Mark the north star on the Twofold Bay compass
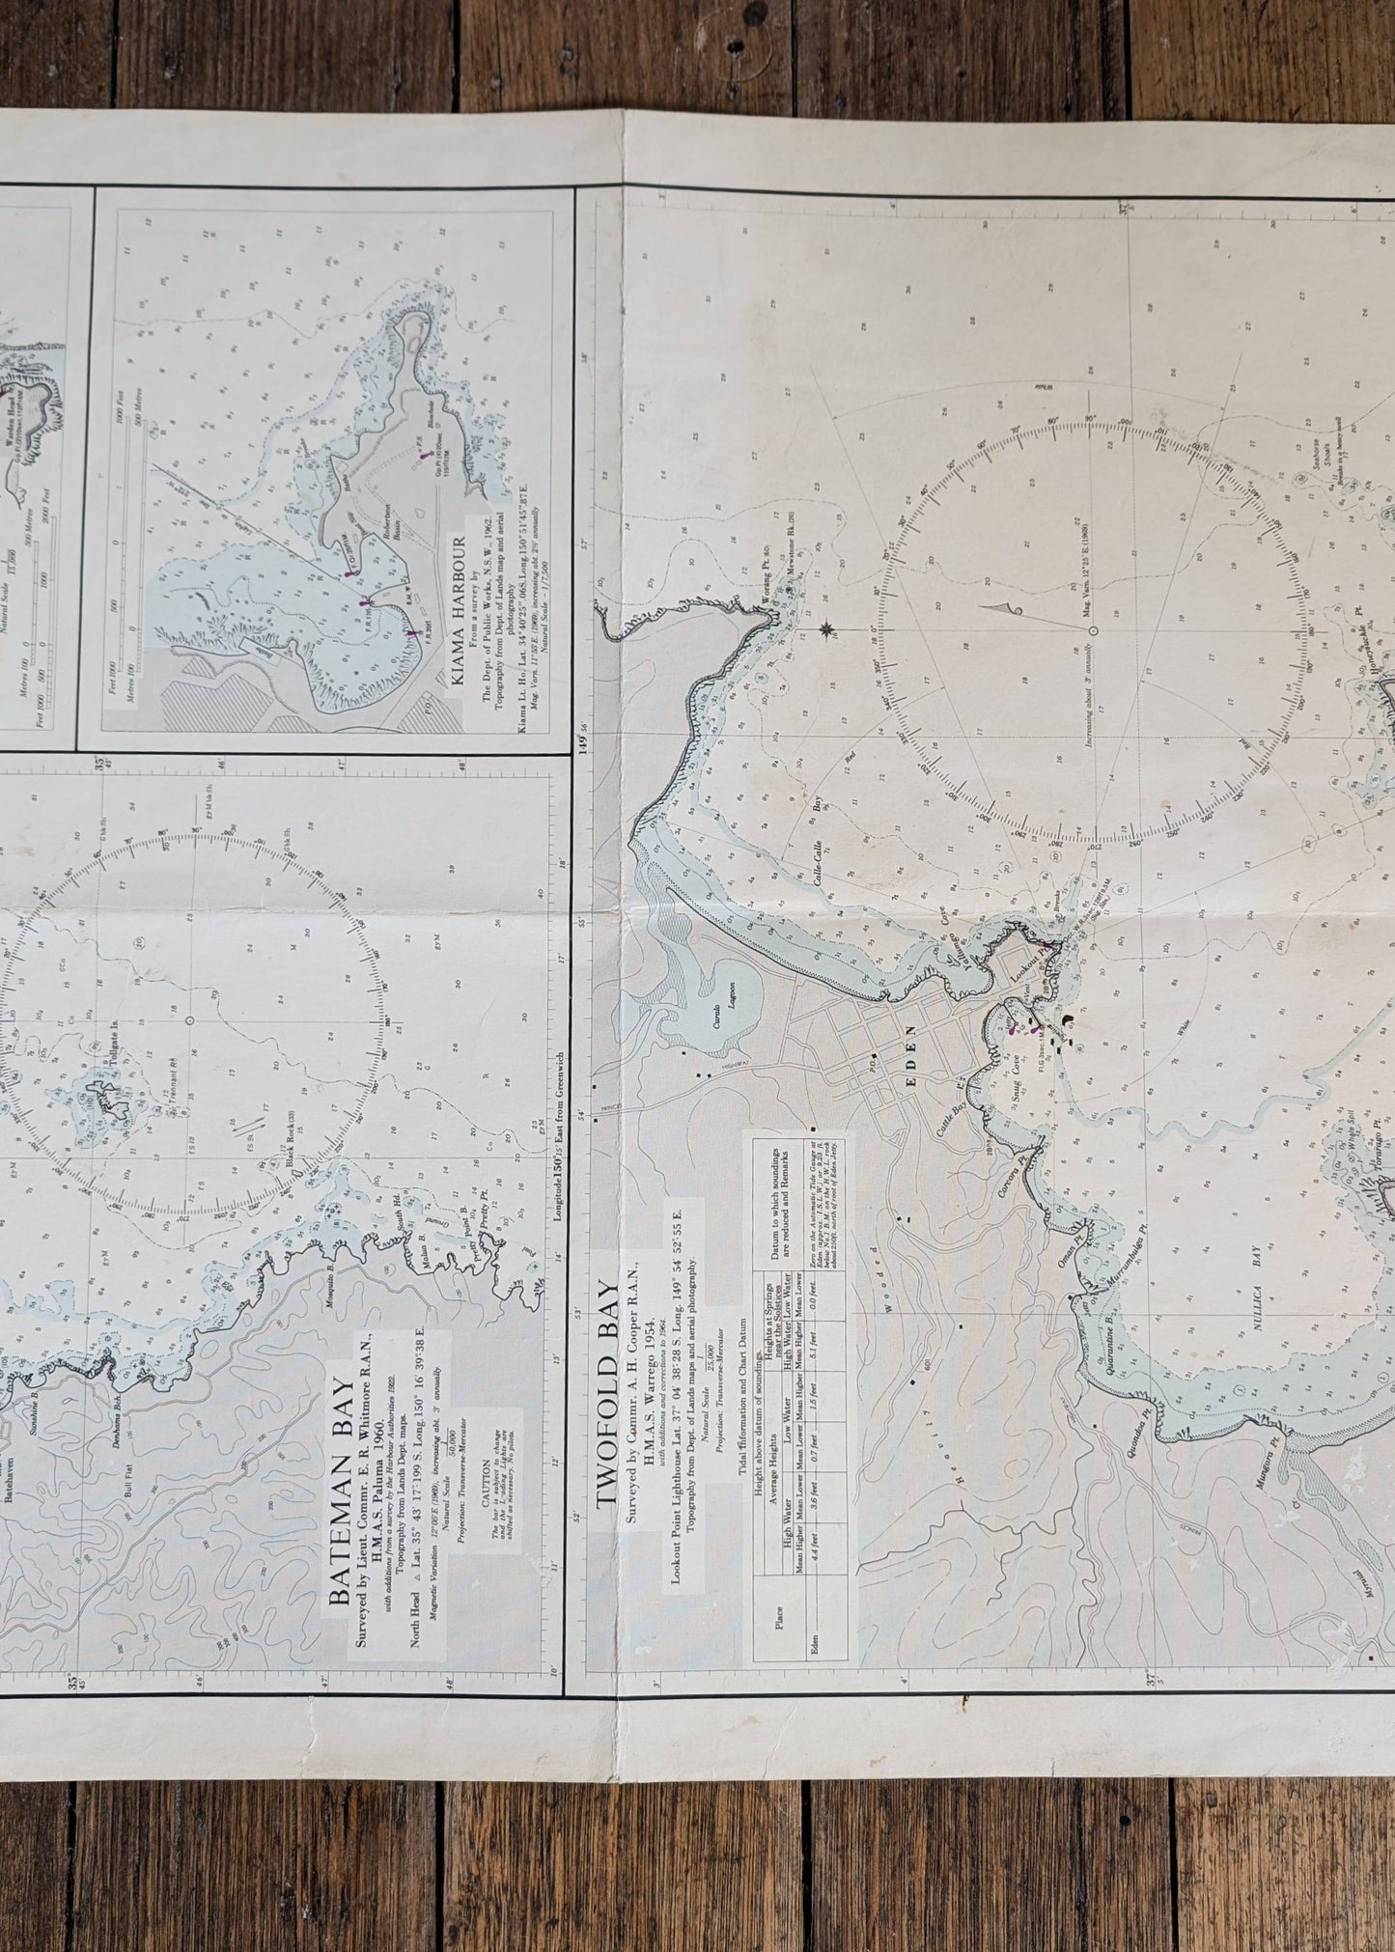827,631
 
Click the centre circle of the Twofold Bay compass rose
1092,630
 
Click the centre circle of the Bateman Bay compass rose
189,1020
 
